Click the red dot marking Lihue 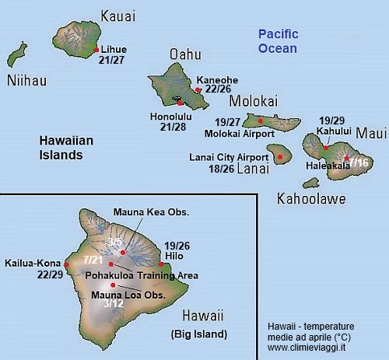tap(96, 49)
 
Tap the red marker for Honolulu tap(180, 103)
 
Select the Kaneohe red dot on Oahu tap(198, 90)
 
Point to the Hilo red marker tap(161, 264)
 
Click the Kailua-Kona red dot tap(67, 265)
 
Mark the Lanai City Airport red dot tap(280, 156)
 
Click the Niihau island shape tap(15, 56)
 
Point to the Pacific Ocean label tap(278, 41)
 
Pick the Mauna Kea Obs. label tap(151, 211)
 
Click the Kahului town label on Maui tap(334, 131)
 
